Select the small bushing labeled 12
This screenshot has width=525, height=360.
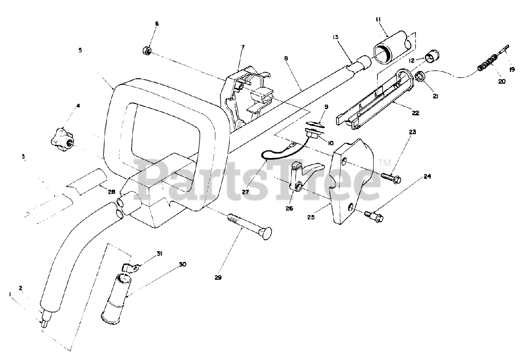[432, 57]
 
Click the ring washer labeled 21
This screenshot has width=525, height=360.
[420, 76]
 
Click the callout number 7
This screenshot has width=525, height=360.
[242, 47]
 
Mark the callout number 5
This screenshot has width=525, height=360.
[80, 50]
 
